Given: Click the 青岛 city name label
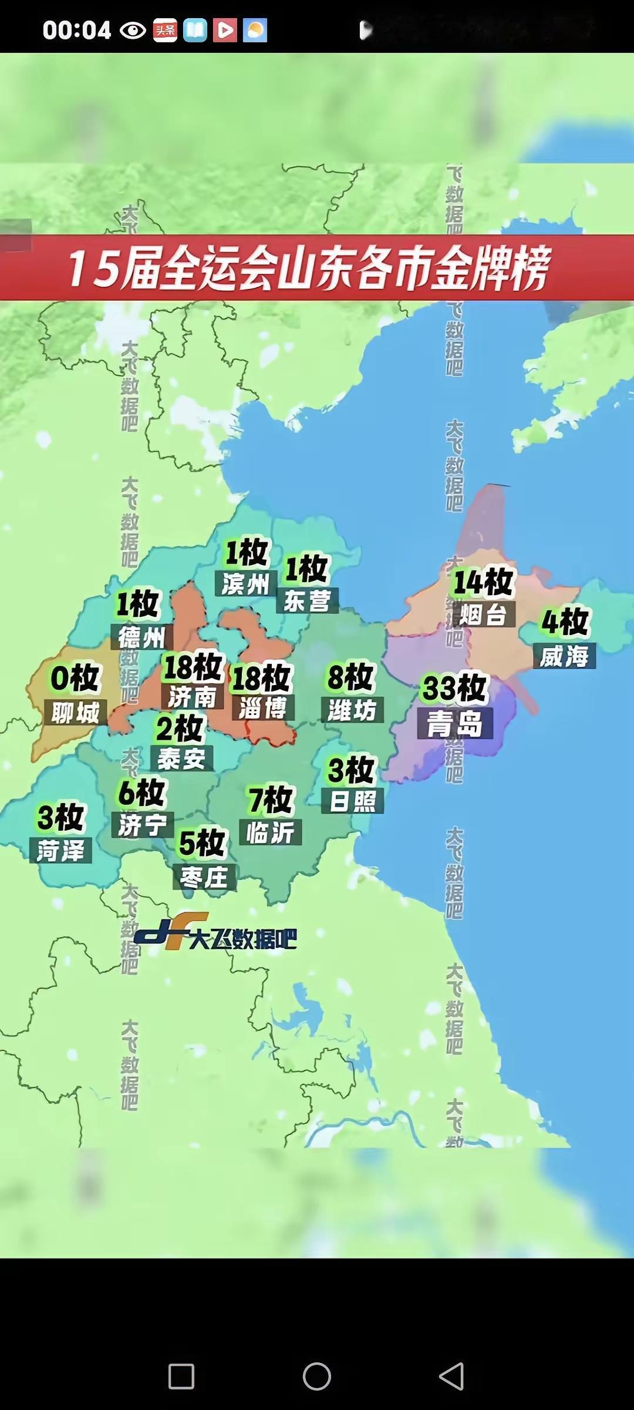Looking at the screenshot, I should point(455,723).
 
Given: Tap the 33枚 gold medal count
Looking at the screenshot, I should point(455,688).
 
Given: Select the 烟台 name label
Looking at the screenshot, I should point(483,615).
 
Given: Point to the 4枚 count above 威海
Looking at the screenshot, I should point(565,622).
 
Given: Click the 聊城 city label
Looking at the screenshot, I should point(75,713).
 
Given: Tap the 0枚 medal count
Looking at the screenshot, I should point(75,678).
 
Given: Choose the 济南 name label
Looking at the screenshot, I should point(193,697).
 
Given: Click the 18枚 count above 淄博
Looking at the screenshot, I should point(261,677).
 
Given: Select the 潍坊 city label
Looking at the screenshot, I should point(352,710).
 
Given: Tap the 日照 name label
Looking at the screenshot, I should point(352,801).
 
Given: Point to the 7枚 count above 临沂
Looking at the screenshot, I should point(271,800).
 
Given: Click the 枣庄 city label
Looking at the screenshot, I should point(204,878).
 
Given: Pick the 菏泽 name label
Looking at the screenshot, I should point(60,851).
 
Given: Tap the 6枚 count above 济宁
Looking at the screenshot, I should point(141,793).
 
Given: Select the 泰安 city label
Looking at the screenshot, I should point(181,759).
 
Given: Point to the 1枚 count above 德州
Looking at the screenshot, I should point(138,603).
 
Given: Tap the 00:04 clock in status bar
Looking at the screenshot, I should point(76,30).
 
